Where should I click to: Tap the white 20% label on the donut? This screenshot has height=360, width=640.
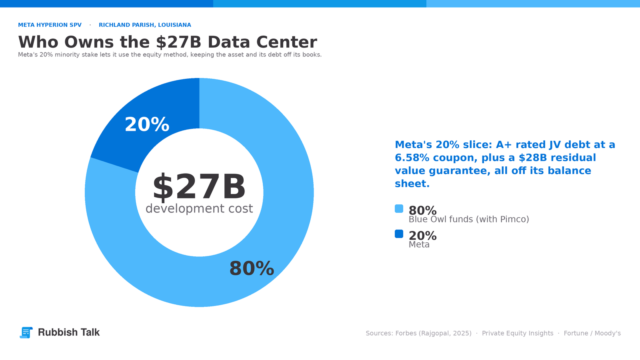point(147,124)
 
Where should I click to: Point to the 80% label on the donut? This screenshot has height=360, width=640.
point(252,268)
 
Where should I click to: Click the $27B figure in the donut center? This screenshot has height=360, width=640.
point(199,187)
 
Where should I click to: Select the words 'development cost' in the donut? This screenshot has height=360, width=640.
point(199,208)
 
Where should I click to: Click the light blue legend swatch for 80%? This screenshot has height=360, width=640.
point(399,208)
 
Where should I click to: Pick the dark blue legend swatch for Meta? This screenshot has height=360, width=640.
point(399,234)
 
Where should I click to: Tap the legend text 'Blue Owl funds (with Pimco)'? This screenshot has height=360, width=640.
point(469,220)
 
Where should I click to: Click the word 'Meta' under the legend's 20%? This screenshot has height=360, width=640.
point(419,244)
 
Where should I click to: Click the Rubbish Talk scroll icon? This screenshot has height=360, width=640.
point(26,332)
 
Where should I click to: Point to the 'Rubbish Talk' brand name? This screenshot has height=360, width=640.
point(69,332)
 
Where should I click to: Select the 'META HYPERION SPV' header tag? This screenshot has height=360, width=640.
point(50,25)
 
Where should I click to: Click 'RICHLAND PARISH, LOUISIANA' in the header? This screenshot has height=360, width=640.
point(145,25)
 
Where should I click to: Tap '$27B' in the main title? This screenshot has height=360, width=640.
point(179,42)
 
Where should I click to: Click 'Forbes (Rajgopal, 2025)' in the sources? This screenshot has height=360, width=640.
point(434,334)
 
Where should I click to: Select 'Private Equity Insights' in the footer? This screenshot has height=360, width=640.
point(518,334)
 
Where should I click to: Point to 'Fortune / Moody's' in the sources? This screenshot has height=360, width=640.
point(592,334)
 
